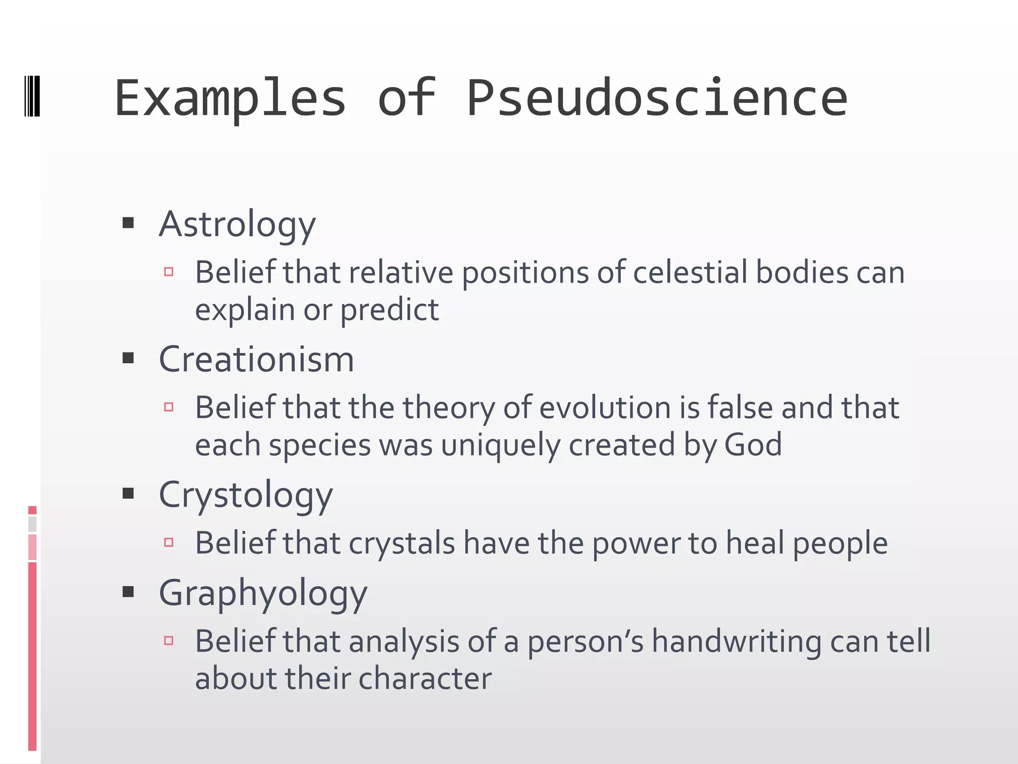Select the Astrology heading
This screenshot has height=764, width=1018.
(x=237, y=225)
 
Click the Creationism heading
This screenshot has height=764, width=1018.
(x=256, y=359)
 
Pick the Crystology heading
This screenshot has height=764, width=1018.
(x=246, y=495)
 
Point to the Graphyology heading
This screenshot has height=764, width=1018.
(x=263, y=593)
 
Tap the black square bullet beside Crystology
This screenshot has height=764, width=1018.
(x=128, y=493)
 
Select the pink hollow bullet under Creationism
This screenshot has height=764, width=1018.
(x=169, y=407)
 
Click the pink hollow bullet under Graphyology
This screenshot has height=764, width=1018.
(x=169, y=641)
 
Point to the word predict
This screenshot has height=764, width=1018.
(x=389, y=310)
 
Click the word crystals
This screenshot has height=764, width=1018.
(x=402, y=543)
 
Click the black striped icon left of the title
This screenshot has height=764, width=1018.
(x=32, y=96)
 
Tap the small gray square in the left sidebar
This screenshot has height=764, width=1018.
(x=32, y=524)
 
